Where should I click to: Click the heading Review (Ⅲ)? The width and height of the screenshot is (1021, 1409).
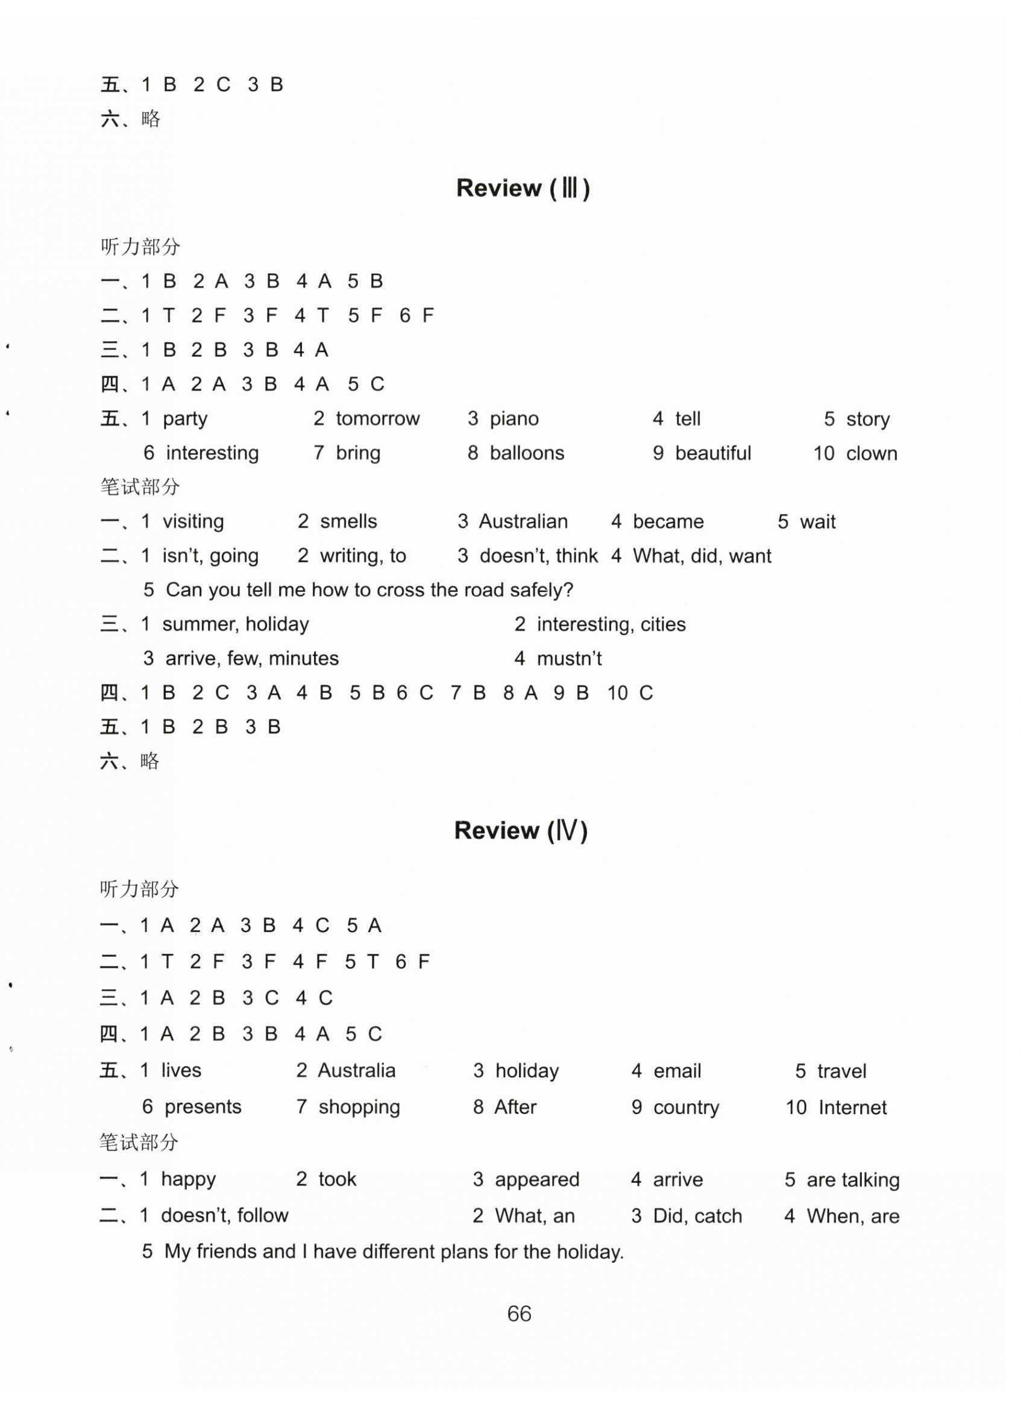[x=523, y=188]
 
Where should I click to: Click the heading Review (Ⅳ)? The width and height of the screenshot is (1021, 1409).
[x=520, y=830]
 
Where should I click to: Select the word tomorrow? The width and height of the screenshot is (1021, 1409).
[x=377, y=419]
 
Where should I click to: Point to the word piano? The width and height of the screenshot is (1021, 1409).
[x=514, y=419]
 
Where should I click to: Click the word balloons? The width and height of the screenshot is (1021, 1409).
[x=527, y=453]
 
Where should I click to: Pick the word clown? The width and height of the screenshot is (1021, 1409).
[x=872, y=453]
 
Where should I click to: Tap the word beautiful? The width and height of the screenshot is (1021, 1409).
[x=713, y=453]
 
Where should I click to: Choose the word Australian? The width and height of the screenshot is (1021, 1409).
[x=523, y=522]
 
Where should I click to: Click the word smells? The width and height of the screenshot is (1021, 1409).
[x=348, y=522]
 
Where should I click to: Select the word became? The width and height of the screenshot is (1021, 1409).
[x=668, y=522]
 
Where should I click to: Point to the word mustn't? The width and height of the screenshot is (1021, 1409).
[x=569, y=658]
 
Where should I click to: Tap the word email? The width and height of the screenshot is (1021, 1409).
[x=677, y=1071]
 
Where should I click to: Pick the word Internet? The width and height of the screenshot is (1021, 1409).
[x=853, y=1107]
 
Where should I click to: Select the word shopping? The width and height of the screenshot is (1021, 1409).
[x=359, y=1107]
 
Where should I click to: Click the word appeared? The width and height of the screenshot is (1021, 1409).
[x=536, y=1179]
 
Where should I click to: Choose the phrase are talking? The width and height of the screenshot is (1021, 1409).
[x=853, y=1179]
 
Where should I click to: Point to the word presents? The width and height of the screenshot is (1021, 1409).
[x=203, y=1107]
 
